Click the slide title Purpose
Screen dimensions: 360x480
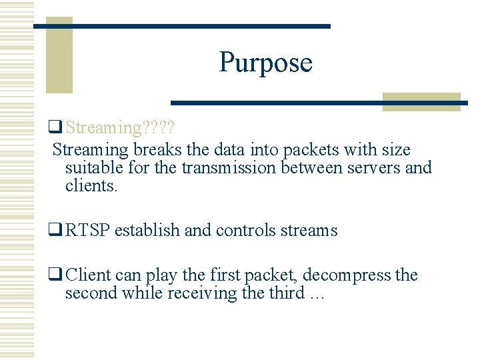(265, 63)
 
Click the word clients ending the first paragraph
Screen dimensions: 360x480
(91, 185)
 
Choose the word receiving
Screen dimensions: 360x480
(207, 293)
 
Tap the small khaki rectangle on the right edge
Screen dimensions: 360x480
(421, 102)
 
